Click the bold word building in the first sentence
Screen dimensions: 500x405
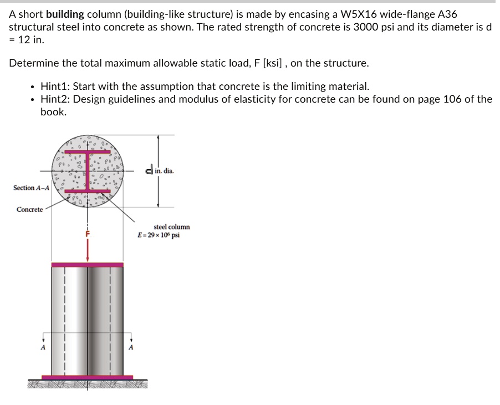[x=65, y=14]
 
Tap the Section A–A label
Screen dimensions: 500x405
[x=31, y=188]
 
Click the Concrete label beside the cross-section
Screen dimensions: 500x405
[x=29, y=209]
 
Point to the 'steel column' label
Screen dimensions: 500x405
[x=171, y=227]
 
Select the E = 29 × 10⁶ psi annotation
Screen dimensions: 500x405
[x=159, y=235]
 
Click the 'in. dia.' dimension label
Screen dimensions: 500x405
[x=164, y=171]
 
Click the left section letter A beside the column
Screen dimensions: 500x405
[x=42, y=347]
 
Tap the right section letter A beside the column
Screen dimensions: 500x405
[x=131, y=347]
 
